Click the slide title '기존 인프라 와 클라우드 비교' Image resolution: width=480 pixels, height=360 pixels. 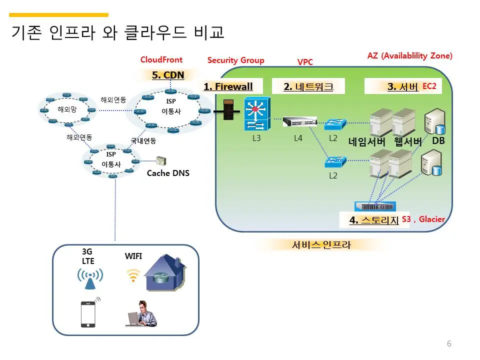(117, 32)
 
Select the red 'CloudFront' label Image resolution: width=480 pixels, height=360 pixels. (161, 60)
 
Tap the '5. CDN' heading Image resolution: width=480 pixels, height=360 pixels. (168, 75)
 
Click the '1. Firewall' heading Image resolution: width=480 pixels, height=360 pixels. (228, 86)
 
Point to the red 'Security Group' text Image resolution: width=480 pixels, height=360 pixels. (235, 60)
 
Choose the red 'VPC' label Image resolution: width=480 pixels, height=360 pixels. (305, 62)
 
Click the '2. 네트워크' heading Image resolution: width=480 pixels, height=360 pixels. (308, 86)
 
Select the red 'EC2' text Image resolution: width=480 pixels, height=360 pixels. (429, 86)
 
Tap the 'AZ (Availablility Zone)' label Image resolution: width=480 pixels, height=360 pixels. (409, 56)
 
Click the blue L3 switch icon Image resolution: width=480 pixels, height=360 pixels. (256, 114)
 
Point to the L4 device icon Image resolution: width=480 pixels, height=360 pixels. (299, 121)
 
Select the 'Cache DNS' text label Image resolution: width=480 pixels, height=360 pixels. (168, 173)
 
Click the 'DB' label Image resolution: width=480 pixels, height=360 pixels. (438, 141)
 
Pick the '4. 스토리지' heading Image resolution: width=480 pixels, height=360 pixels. (374, 220)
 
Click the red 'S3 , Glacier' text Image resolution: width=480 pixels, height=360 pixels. (423, 219)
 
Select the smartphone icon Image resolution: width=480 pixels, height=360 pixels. (88, 313)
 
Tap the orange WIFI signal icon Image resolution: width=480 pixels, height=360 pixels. (132, 275)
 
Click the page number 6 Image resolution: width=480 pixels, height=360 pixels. (449, 343)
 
